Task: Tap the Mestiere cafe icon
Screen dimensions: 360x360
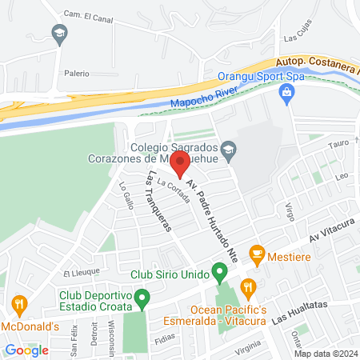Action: [x=257, y=255]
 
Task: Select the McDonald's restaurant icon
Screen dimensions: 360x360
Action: [x=20, y=304]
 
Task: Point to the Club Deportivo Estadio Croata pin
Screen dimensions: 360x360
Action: [x=142, y=300]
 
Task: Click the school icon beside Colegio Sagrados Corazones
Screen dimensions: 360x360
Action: [x=229, y=148]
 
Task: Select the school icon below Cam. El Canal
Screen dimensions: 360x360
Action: [x=58, y=34]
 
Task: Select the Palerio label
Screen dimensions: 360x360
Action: [x=77, y=72]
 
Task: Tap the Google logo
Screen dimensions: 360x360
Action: [x=27, y=350]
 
